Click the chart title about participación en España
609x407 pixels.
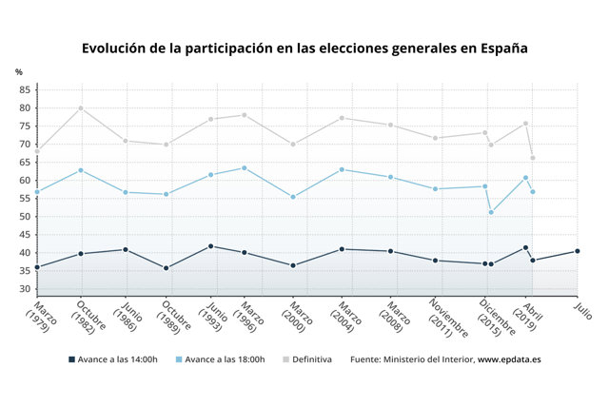coord(304,48)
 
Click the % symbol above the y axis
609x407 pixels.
coord(18,72)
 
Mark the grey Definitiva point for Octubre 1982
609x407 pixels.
coord(81,107)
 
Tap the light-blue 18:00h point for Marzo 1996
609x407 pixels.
coord(245,168)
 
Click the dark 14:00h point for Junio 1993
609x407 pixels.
coord(211,246)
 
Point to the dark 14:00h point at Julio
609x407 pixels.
coord(577,251)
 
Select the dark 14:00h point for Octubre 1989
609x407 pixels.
coord(167,268)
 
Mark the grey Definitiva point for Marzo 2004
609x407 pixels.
coord(342,118)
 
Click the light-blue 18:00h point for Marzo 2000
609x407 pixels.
coord(293,197)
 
